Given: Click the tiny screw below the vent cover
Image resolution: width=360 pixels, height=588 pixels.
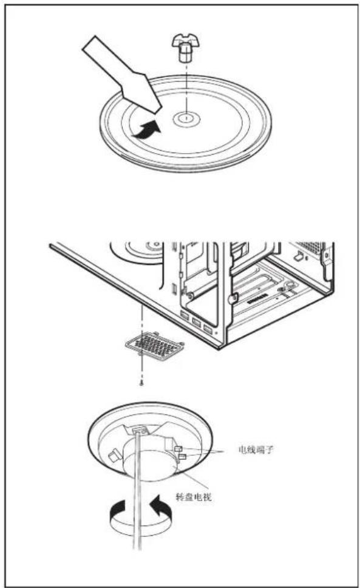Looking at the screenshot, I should [x=141, y=383].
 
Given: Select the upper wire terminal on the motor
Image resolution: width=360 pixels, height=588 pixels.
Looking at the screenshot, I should [x=179, y=449].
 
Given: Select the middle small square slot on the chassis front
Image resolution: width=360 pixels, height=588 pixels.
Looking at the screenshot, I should [x=195, y=323].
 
